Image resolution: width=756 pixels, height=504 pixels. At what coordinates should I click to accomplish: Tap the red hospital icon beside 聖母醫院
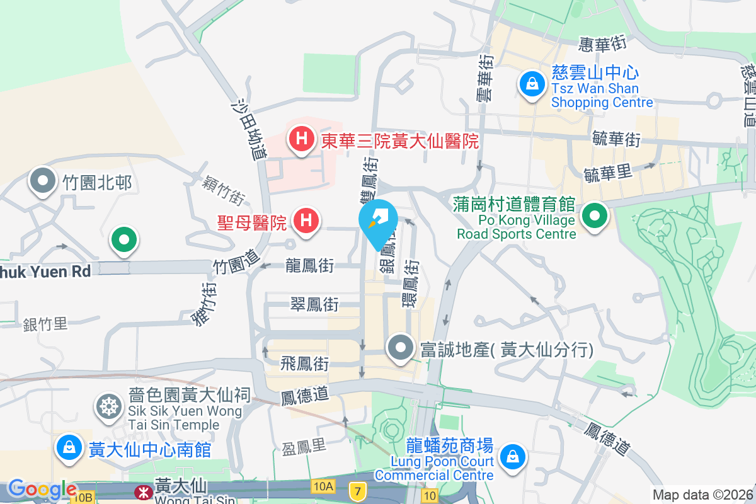(306, 222)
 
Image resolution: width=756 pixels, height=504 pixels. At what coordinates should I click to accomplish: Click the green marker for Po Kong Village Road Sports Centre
(593, 217)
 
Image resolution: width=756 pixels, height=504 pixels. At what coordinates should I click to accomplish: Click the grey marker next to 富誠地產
(400, 348)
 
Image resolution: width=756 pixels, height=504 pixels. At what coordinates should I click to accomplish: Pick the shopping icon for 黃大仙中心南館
(69, 449)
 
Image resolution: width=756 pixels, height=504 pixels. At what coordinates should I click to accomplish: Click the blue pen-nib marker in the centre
(377, 222)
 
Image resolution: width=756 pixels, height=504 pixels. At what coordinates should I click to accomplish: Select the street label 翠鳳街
(314, 305)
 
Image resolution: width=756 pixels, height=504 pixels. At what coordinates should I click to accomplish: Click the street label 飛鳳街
(304, 364)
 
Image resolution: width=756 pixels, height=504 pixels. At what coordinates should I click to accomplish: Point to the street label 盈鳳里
(304, 447)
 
